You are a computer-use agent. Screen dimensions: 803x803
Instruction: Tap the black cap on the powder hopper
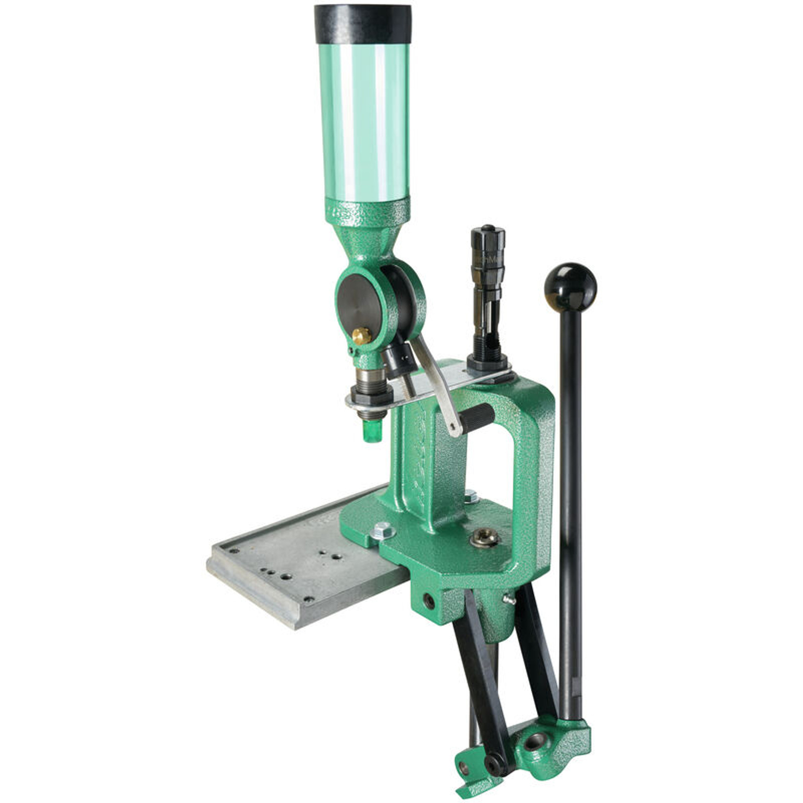tap(363, 24)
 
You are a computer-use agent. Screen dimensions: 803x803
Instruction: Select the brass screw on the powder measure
tap(361, 335)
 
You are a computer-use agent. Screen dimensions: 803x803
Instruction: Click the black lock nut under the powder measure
tap(371, 395)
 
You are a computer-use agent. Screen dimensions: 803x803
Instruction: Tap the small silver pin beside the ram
tap(509, 599)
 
